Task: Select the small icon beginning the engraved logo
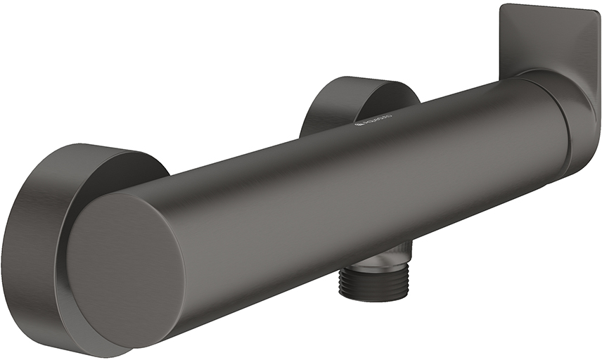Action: [x=357, y=125]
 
